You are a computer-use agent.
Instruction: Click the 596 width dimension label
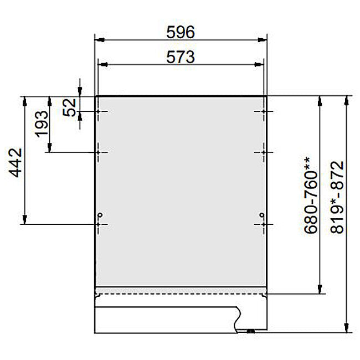coord(181,33)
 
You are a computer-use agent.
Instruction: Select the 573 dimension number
coord(181,57)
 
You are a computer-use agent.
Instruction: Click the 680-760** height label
coord(308,195)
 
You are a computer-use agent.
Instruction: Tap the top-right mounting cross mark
coord(263,112)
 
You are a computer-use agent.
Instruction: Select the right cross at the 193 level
coord(263,151)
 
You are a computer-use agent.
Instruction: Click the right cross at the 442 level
coord(263,224)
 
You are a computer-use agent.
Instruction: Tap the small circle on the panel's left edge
coord(100,215)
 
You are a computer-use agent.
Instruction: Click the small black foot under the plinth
coord(250,331)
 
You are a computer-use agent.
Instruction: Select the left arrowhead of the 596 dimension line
coord(99,40)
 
